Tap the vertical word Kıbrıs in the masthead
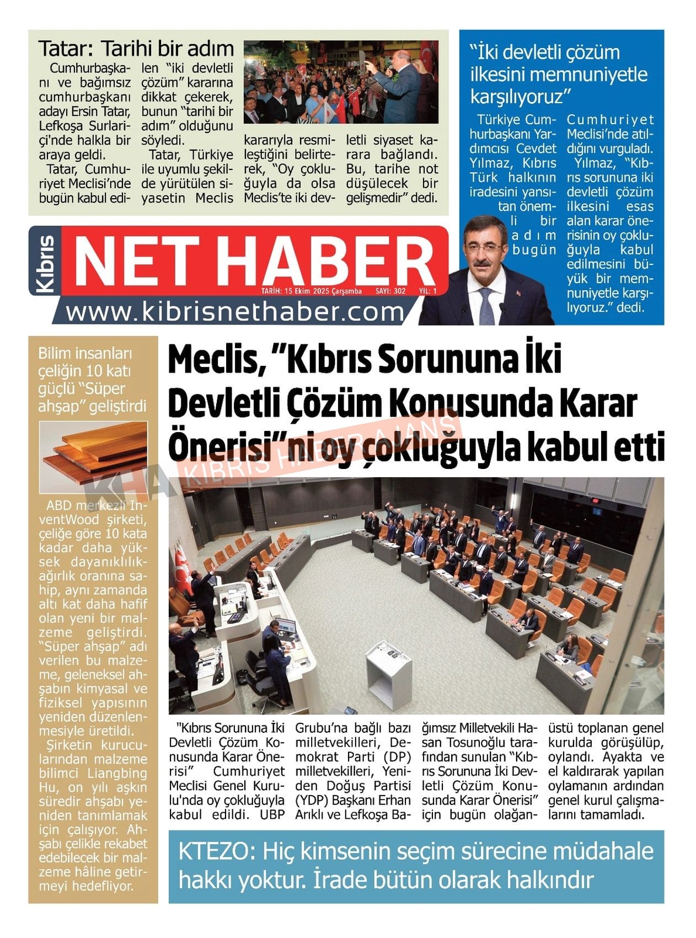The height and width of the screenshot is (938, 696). (45, 264)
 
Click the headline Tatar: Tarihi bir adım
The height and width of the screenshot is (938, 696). (136, 49)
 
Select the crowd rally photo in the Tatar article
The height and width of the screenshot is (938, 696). (341, 82)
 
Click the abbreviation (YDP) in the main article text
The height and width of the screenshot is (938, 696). (313, 800)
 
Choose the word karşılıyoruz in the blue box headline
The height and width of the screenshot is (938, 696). (517, 97)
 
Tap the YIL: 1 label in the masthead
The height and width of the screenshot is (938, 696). (427, 291)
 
